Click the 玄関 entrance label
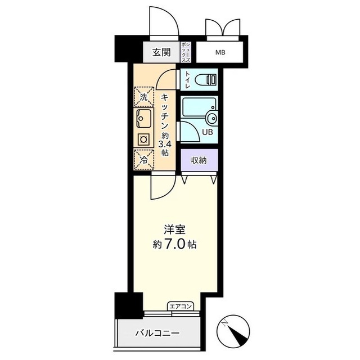(161, 52)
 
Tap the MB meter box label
(220, 52)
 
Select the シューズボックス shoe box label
(186, 52)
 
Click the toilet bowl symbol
(205, 80)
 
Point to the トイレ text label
(187, 80)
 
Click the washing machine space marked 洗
(144, 97)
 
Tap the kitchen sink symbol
(144, 119)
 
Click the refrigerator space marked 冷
(144, 160)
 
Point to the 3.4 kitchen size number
(165, 145)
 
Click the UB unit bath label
(208, 132)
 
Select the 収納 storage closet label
(199, 160)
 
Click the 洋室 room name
(175, 230)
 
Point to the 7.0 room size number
(174, 245)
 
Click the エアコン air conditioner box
(181, 306)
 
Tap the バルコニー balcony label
(157, 333)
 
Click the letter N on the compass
(225, 324)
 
